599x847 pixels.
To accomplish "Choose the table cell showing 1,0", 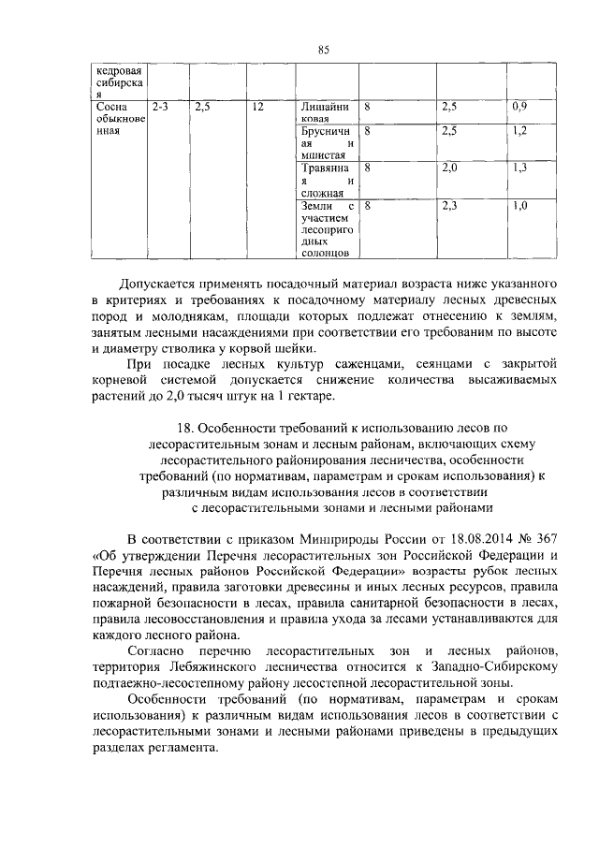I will tap(520, 205).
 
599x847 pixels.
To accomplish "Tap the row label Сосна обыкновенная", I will tap(116, 119).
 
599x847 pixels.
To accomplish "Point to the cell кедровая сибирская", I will tap(116, 81).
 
